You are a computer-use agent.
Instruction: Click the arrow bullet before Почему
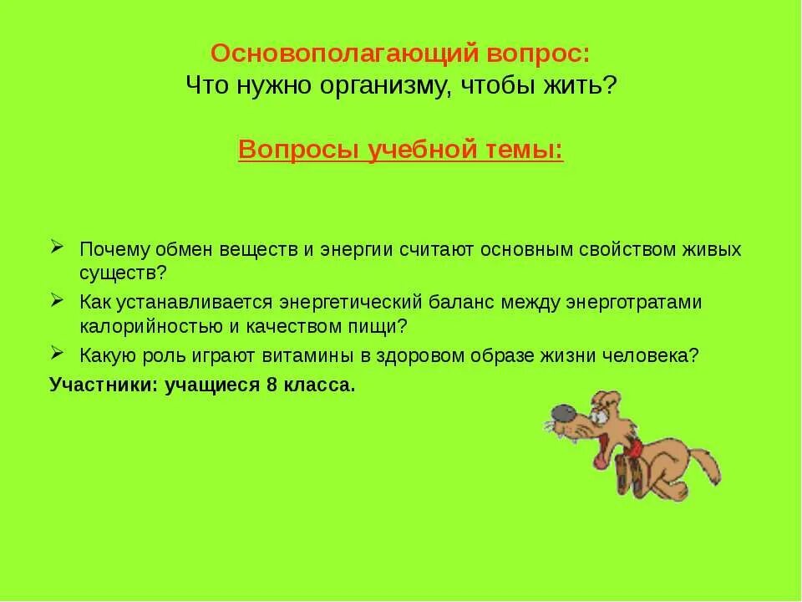click(57, 248)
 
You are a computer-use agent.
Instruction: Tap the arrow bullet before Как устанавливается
click(57, 300)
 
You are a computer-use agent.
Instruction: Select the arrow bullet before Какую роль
click(57, 352)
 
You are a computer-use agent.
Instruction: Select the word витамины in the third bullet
click(314, 354)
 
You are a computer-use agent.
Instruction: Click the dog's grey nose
click(560, 412)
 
